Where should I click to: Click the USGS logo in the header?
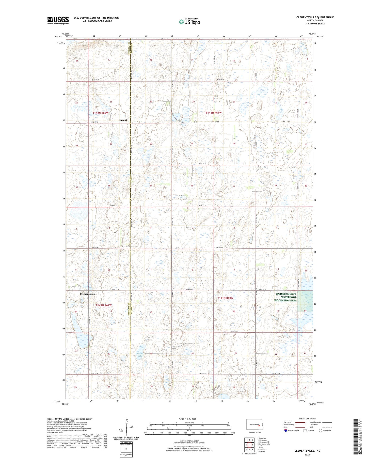tap(58, 20)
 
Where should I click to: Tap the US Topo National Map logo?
tap(189, 22)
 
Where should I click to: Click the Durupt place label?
tap(122, 120)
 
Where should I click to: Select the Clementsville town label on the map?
tap(88, 294)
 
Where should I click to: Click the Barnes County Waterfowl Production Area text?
tap(285, 297)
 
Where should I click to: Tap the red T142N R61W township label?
tap(214, 113)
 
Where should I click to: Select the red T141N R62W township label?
tap(104, 305)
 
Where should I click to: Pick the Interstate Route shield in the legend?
tap(286, 430)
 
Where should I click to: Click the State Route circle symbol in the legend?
tap(321, 430)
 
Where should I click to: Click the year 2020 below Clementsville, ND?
tap(307, 454)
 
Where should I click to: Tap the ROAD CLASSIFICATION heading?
tap(307, 419)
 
